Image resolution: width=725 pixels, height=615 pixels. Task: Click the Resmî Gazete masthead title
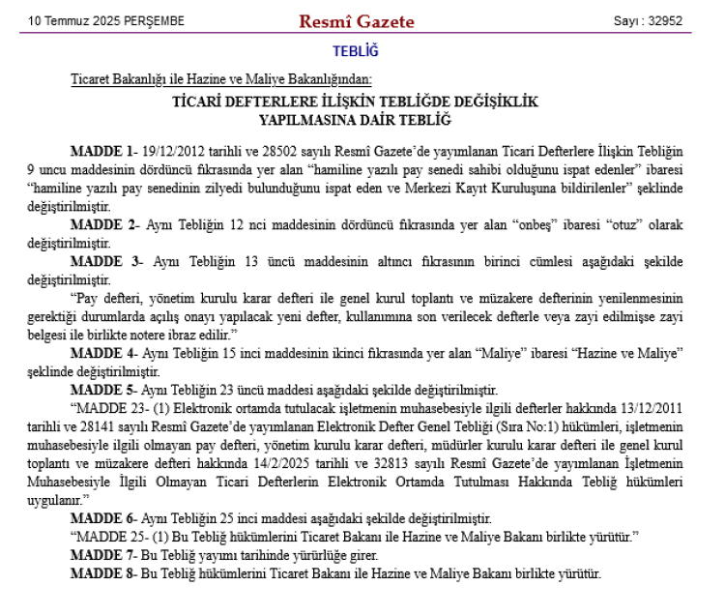(357, 21)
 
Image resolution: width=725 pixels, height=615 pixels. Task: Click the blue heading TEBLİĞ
(355, 50)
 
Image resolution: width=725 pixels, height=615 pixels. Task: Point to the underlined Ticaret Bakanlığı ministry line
(221, 79)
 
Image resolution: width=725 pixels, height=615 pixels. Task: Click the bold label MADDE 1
(101, 151)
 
